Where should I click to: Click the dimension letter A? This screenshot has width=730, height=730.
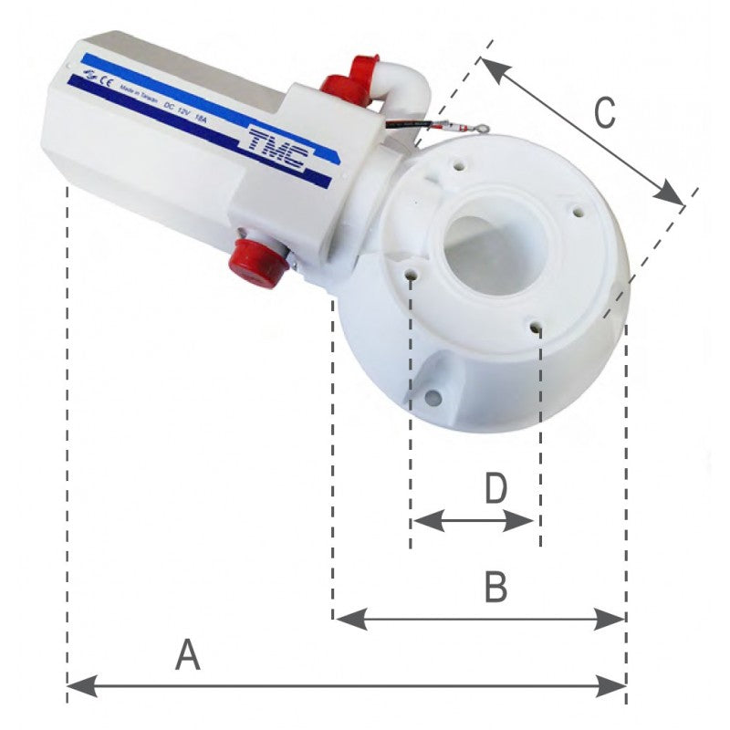pyautogui.click(x=187, y=654)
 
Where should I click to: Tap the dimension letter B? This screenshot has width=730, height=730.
pyautogui.click(x=495, y=588)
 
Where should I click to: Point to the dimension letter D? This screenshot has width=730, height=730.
pyautogui.click(x=495, y=489)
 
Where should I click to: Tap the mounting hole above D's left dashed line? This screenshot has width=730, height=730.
pyautogui.click(x=412, y=274)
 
